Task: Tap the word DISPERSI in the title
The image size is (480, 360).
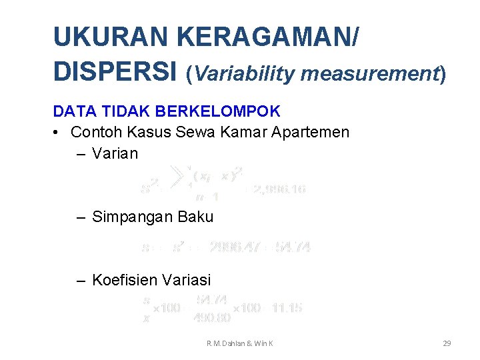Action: click(x=115, y=71)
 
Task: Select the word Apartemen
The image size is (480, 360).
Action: click(x=310, y=132)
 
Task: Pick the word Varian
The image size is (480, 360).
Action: click(x=115, y=153)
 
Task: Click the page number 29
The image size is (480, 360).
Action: click(x=447, y=343)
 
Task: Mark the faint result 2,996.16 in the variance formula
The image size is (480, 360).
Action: click(x=277, y=189)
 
